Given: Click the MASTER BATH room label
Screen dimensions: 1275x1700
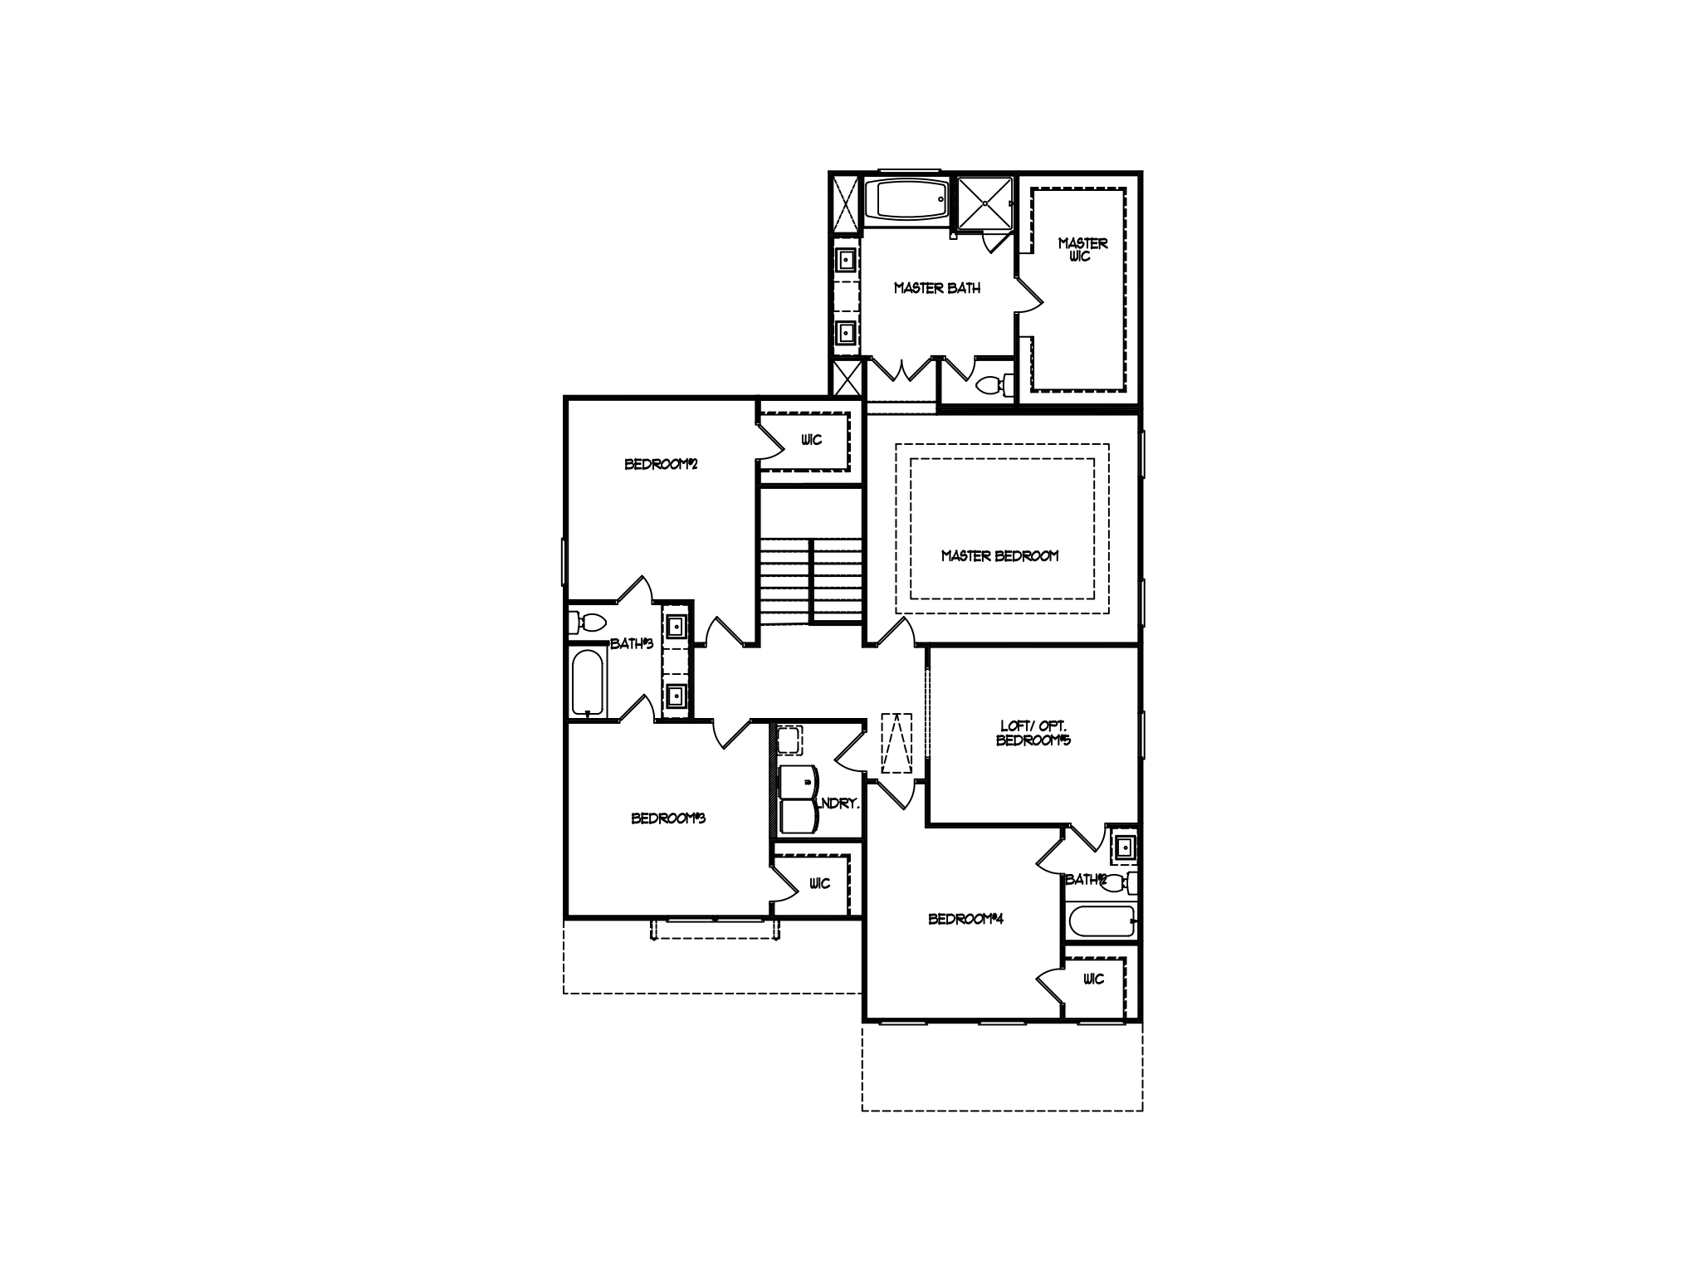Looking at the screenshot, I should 936,289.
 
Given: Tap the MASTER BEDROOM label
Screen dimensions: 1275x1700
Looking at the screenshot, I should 999,556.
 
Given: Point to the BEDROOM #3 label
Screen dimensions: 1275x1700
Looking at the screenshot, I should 667,818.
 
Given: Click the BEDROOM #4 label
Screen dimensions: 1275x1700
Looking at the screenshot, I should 965,919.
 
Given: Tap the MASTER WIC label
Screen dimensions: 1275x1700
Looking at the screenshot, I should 1082,250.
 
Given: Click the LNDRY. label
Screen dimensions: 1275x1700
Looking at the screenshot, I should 838,804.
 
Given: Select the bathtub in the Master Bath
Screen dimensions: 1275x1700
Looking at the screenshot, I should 906,199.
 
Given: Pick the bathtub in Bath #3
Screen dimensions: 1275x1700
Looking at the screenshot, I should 589,683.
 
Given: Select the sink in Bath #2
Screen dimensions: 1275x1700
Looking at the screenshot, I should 1123,848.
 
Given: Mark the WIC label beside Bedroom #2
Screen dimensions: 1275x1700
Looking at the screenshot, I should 811,440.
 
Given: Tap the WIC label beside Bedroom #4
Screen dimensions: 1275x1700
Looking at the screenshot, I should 1093,979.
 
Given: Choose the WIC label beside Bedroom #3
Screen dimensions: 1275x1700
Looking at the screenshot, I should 818,884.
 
